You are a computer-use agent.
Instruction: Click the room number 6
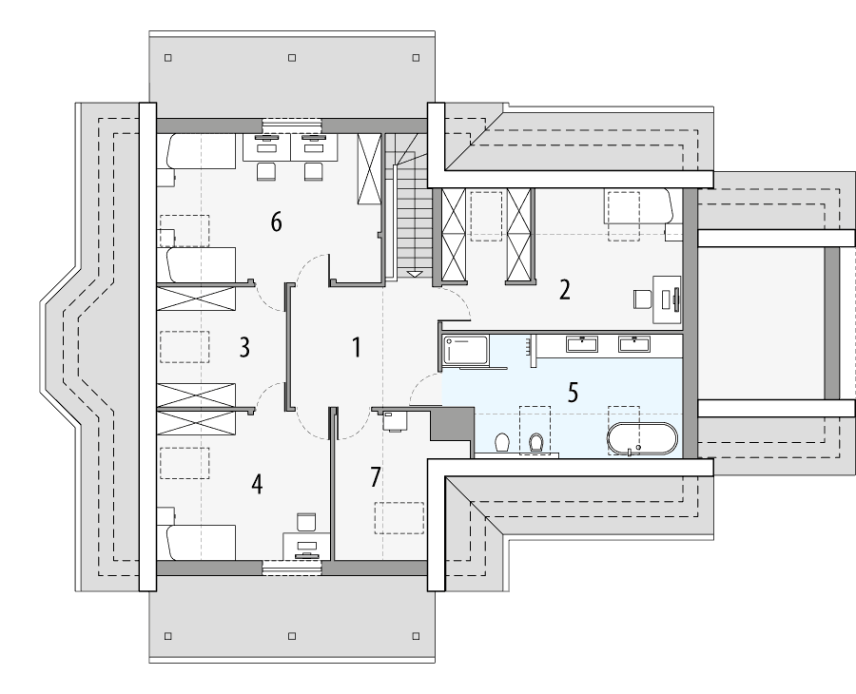pyautogui.click(x=276, y=222)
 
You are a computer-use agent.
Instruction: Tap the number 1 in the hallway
pyautogui.click(x=357, y=348)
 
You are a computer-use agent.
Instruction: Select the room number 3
pyautogui.click(x=244, y=347)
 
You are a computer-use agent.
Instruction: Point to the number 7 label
pyautogui.click(x=376, y=478)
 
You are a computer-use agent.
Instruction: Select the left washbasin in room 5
pyautogui.click(x=581, y=343)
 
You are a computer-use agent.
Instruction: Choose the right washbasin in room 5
pyautogui.click(x=634, y=343)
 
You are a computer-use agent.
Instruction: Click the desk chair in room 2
pyautogui.click(x=641, y=299)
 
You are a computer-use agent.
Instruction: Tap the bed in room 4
pyautogui.click(x=201, y=542)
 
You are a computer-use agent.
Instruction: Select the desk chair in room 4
pyautogui.click(x=306, y=522)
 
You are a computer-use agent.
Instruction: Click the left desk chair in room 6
pyautogui.click(x=265, y=172)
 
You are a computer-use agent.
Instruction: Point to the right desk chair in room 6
pyautogui.click(x=313, y=172)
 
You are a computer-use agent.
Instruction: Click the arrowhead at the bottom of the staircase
pyautogui.click(x=415, y=274)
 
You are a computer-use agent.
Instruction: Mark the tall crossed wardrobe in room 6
pyautogui.click(x=369, y=168)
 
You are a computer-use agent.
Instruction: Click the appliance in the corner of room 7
pyautogui.click(x=393, y=419)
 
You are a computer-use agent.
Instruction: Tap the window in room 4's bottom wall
pyautogui.click(x=292, y=568)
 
